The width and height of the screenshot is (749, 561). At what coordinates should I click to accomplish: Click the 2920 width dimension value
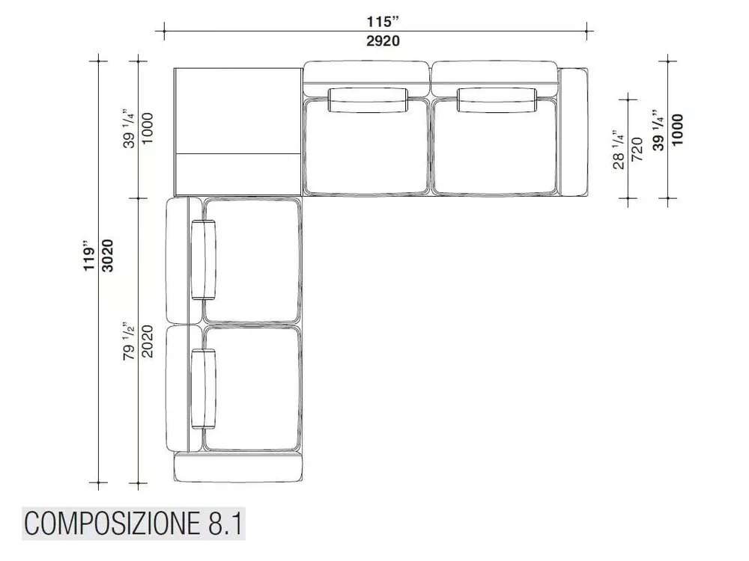pyautogui.click(x=383, y=41)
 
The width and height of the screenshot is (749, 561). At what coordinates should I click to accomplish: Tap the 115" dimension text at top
pyautogui.click(x=383, y=22)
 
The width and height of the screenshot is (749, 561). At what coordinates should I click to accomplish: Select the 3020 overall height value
pyautogui.click(x=109, y=256)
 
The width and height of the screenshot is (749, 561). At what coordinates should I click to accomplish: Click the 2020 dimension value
pyautogui.click(x=147, y=341)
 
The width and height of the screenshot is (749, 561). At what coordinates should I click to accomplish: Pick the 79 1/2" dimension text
pyautogui.click(x=129, y=340)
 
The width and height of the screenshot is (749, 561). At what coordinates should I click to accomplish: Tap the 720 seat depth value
pyautogui.click(x=637, y=150)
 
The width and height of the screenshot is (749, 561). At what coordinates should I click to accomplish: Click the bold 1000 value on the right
pyautogui.click(x=677, y=129)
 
